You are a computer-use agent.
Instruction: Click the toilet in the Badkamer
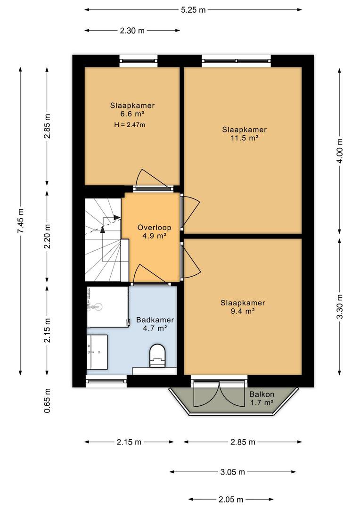[x=158, y=356]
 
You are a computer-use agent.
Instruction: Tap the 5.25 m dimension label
[x=194, y=10]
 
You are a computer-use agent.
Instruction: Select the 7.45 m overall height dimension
[x=21, y=221]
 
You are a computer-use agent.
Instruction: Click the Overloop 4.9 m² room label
[x=154, y=231]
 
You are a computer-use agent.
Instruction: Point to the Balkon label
[x=262, y=394]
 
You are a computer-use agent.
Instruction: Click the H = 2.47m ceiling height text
[x=130, y=124]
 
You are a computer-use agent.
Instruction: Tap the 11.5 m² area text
[x=244, y=138]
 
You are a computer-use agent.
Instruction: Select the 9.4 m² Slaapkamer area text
[x=243, y=312]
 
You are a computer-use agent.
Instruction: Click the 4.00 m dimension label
[x=340, y=151]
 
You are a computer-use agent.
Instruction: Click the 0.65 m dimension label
[x=48, y=401]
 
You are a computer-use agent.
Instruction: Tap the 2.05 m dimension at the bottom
[x=231, y=499]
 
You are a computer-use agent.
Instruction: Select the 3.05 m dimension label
[x=232, y=472]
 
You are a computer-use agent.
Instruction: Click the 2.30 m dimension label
[x=132, y=31]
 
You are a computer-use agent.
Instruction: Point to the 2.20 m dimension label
[x=48, y=236]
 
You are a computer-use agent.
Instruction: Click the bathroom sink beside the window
[x=97, y=352]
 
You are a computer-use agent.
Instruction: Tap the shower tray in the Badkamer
[x=107, y=307]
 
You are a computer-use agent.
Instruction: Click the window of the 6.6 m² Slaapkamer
[x=139, y=61]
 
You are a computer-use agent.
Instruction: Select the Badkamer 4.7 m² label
[x=155, y=324]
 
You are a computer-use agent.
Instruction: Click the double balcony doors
[x=219, y=394]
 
